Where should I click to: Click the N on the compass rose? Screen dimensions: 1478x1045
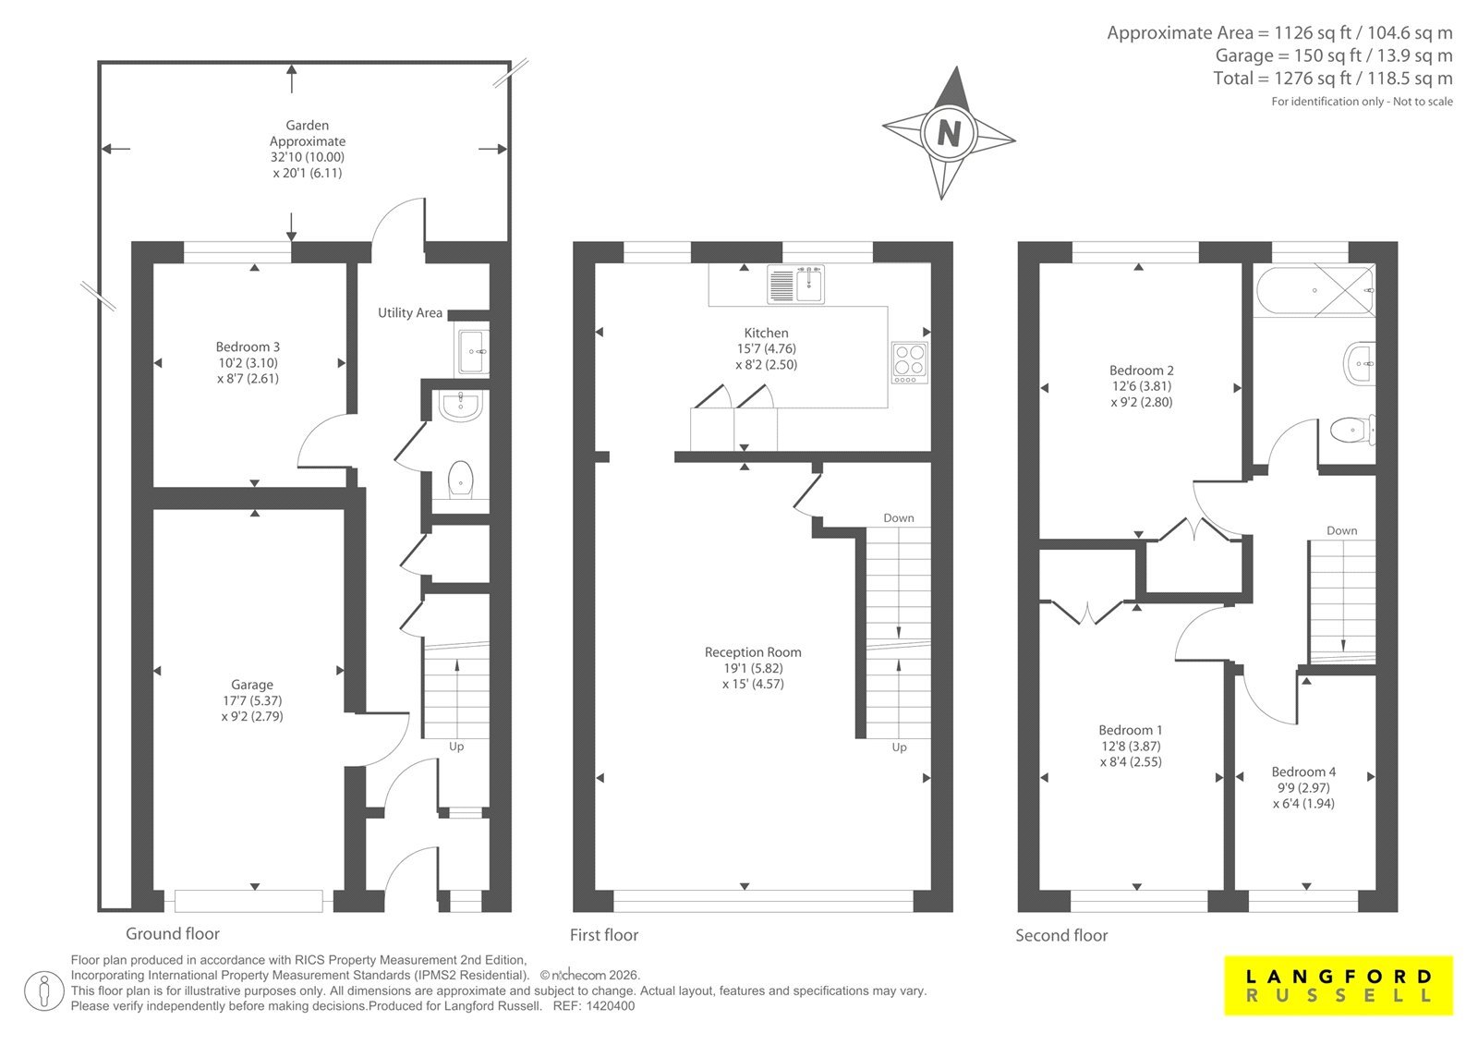[x=949, y=133]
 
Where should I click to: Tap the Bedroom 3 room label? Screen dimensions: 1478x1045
[x=248, y=346]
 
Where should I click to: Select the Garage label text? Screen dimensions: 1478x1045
[x=252, y=685]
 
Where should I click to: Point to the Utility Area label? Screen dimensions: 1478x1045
[x=410, y=313]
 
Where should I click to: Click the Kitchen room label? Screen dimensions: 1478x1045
[x=766, y=333]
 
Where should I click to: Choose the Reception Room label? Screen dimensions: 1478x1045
[x=753, y=652]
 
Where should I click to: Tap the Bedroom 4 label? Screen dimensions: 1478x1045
[x=1303, y=772]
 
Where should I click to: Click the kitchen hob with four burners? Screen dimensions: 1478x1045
[x=910, y=362]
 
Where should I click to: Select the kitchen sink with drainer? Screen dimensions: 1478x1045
[x=795, y=284]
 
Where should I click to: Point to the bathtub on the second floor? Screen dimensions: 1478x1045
[x=1315, y=290]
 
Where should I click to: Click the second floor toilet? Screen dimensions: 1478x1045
[x=1352, y=431]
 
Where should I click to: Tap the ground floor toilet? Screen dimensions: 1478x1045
[x=461, y=480]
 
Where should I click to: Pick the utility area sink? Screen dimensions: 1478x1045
[x=472, y=352]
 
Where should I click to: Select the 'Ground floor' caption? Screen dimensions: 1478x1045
[x=172, y=933]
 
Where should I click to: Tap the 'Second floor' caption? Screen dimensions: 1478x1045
[x=1061, y=935]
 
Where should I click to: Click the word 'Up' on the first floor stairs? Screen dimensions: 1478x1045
[x=900, y=747]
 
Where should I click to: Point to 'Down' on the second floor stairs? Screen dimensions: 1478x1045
[x=1342, y=530]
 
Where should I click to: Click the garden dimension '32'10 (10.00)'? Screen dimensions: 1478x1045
[x=308, y=157]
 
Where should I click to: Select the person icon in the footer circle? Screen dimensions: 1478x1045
[x=43, y=990]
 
